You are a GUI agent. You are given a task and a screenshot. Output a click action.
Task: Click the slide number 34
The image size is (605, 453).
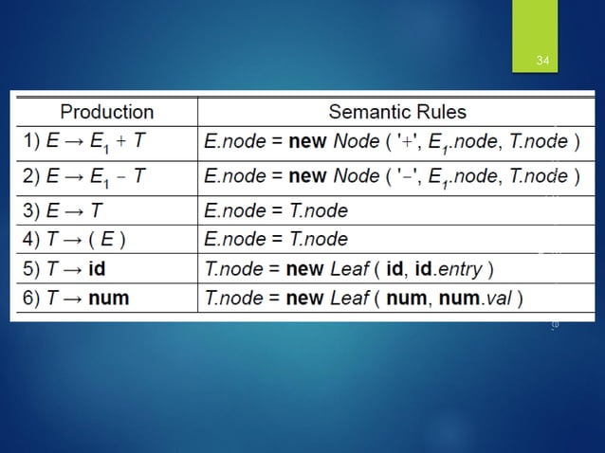(542, 62)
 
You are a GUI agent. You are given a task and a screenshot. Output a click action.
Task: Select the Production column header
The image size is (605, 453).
(107, 112)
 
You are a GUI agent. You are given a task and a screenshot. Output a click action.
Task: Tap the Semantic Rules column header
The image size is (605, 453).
(397, 112)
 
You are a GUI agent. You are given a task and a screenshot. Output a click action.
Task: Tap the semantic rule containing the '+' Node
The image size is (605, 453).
(392, 142)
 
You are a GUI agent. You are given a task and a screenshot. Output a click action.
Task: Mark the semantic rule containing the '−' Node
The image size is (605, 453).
(392, 176)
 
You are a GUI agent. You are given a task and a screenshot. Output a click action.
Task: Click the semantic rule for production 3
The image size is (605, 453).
(276, 209)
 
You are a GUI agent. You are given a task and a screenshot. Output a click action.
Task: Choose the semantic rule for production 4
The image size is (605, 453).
(276, 238)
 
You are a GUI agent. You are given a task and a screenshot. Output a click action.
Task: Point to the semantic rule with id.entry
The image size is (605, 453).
(349, 268)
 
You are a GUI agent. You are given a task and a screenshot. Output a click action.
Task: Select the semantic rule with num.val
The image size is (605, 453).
(363, 299)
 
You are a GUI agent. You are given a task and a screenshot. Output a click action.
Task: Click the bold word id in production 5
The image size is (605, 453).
(96, 268)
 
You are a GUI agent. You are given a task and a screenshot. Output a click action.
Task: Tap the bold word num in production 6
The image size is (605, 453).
(107, 299)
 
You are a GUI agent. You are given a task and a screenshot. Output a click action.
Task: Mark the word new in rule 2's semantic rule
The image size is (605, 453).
(306, 176)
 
